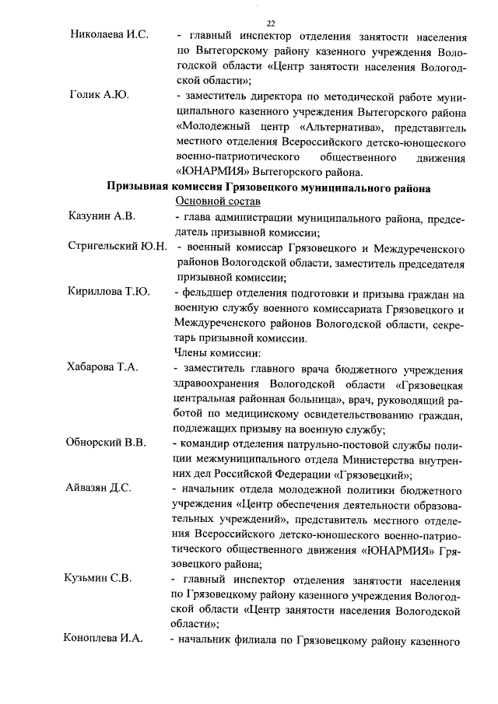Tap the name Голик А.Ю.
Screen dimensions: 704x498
tap(100, 96)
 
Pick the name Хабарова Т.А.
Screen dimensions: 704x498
tap(103, 368)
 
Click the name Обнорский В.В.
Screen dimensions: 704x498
tap(107, 443)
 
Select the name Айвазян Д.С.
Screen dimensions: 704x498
tap(100, 489)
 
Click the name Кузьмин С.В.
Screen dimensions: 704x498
tap(98, 579)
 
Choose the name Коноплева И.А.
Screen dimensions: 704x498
tap(104, 639)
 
